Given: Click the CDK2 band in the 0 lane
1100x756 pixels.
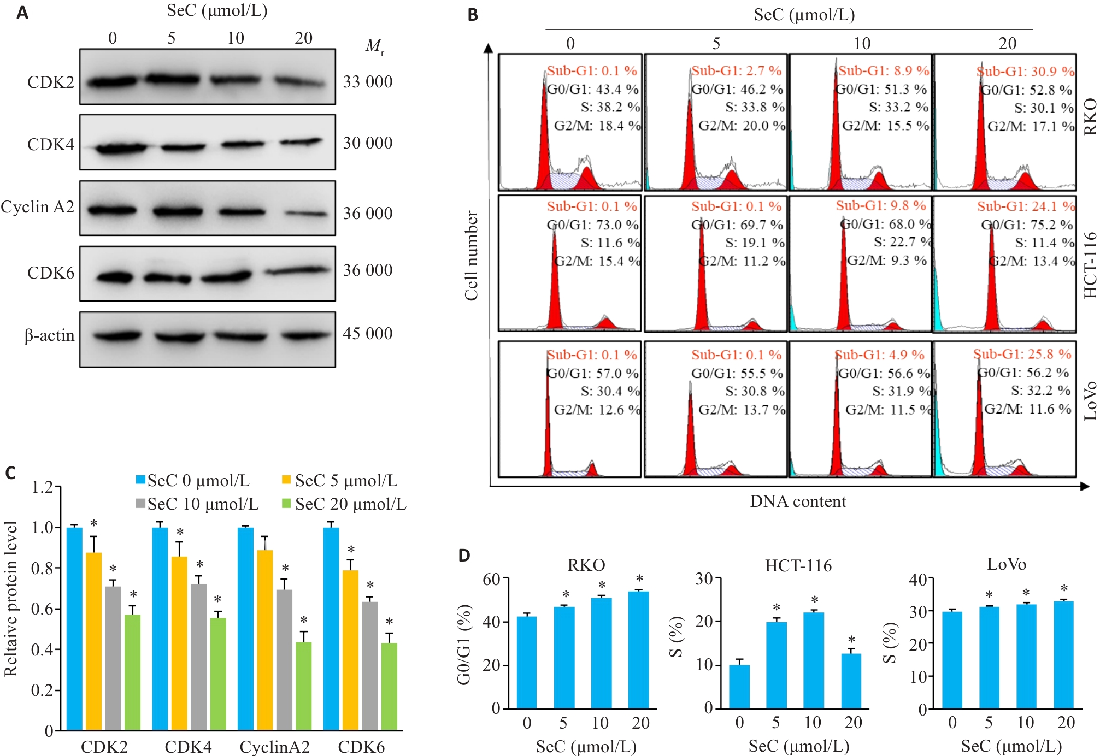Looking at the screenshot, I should [113, 82].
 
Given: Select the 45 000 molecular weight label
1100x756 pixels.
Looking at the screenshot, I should [368, 333].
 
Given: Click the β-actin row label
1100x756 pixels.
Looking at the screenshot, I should [49, 335].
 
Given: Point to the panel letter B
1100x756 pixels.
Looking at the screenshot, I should [473, 15].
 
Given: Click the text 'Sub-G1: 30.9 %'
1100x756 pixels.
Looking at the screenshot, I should [1025, 72].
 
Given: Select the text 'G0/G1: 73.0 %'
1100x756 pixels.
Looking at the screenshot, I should [592, 225].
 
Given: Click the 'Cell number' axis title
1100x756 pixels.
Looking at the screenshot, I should [471, 256].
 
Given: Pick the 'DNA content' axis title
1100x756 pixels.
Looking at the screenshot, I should [798, 501].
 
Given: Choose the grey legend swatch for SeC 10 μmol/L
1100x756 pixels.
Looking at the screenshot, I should [140, 504].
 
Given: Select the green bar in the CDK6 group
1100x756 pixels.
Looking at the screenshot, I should [389, 687].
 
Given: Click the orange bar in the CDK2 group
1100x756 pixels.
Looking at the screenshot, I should [94, 641].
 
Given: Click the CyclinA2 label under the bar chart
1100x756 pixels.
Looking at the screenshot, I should [274, 747].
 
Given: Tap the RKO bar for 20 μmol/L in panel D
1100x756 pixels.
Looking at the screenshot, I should [639, 650].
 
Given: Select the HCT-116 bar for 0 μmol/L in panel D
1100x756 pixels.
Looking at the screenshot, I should [739, 687].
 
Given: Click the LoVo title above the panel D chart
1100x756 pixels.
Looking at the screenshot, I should [1007, 564].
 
